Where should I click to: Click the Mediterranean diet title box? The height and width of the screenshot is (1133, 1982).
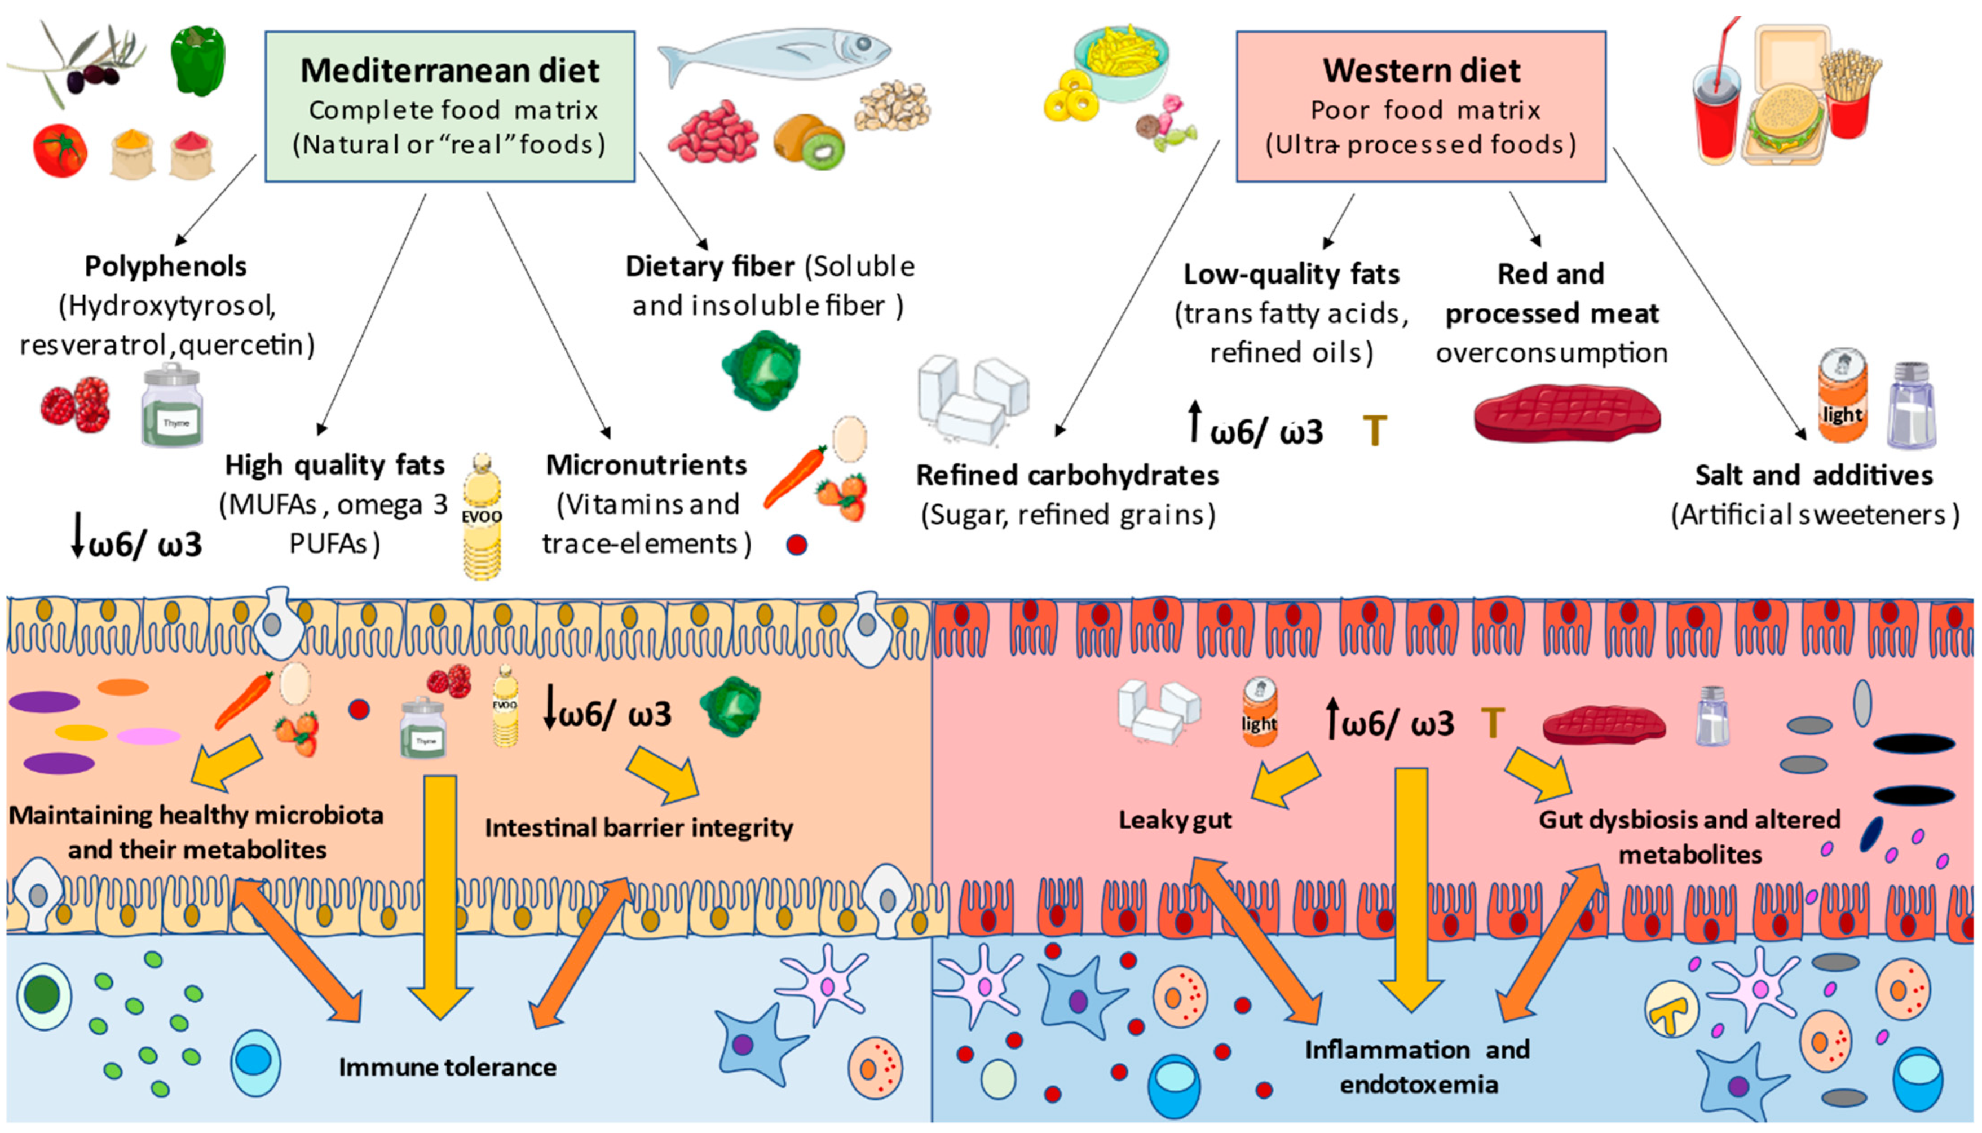[x=450, y=107]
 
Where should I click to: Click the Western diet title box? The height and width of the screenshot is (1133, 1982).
[x=1420, y=107]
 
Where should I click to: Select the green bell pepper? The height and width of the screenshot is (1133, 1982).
[x=198, y=61]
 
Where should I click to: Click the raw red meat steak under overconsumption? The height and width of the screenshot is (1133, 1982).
[x=1567, y=413]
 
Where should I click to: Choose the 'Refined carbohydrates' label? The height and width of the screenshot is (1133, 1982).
[x=1067, y=475]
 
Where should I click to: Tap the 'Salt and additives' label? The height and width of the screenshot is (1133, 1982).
[x=1813, y=475]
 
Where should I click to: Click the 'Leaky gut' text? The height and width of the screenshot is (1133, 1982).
[x=1175, y=820]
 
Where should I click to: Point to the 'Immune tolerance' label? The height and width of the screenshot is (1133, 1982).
[x=448, y=1067]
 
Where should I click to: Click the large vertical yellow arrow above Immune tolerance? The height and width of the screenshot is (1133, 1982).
[x=440, y=895]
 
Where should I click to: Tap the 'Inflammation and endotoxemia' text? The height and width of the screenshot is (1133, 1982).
[x=1418, y=1067]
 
